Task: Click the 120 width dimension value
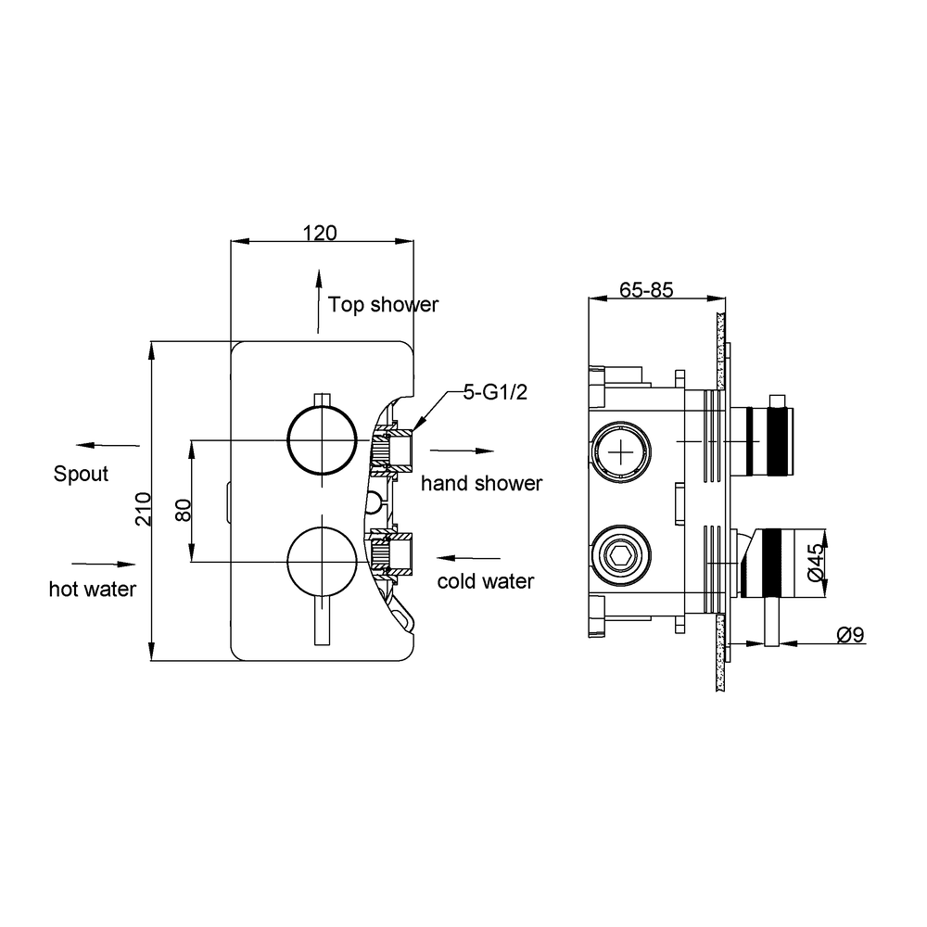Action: (320, 233)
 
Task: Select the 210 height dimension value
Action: (144, 508)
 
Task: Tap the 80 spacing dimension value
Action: (184, 510)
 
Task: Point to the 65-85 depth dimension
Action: (646, 289)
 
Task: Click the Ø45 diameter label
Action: (814, 563)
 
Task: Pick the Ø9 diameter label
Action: (851, 635)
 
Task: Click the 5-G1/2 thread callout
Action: (495, 392)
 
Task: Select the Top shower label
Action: (383, 304)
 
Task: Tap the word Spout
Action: (81, 474)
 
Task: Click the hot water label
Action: (92, 589)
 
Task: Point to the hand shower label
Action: (481, 483)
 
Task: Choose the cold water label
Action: (486, 581)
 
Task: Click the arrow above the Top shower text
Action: (318, 301)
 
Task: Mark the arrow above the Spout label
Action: (108, 445)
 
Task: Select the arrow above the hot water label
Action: (104, 564)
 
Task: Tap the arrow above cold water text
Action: (468, 557)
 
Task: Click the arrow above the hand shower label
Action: (462, 451)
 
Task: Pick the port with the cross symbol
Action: (621, 453)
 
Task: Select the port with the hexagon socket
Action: (621, 555)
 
